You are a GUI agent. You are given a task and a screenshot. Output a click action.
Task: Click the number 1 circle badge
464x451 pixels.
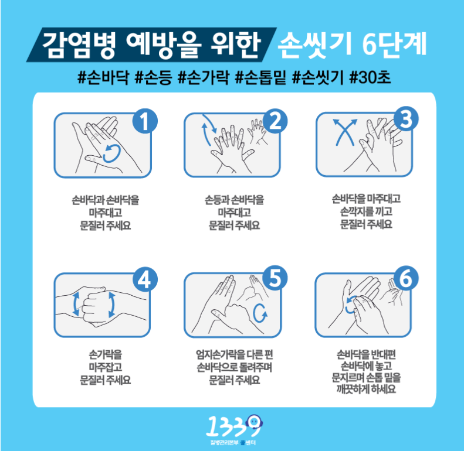click(145, 121)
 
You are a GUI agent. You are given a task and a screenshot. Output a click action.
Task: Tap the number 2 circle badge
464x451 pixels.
click(275, 121)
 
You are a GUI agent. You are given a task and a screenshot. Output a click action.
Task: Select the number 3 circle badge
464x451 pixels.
click(406, 119)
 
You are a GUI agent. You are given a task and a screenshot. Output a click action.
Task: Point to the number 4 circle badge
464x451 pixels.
click(145, 279)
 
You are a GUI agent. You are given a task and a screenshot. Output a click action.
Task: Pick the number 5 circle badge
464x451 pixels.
click(275, 278)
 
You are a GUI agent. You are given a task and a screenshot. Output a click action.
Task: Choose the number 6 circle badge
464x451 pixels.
click(406, 278)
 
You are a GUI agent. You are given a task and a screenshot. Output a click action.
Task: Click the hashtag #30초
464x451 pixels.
click(370, 77)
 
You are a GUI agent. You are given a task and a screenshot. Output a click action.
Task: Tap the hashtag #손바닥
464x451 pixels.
click(103, 77)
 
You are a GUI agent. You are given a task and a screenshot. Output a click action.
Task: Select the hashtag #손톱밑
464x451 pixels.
click(260, 77)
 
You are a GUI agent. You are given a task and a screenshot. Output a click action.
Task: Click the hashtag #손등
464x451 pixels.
click(153, 77)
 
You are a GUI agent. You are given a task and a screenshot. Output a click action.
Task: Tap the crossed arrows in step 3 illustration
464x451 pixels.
click(345, 132)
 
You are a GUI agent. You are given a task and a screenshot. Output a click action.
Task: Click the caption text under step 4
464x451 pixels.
click(106, 367)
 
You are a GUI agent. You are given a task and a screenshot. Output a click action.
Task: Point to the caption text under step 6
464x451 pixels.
click(367, 371)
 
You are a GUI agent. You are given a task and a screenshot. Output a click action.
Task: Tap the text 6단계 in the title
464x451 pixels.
click(394, 44)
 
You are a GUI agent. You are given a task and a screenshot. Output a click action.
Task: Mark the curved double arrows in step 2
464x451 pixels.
click(209, 129)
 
